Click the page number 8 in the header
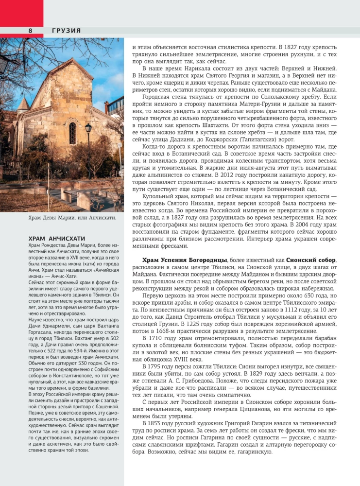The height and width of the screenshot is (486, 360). [30, 30]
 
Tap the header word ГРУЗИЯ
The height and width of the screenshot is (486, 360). [67, 30]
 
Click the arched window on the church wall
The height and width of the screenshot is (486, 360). [72, 133]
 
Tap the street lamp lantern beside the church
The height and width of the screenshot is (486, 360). [88, 128]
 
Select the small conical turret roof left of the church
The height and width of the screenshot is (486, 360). [22, 104]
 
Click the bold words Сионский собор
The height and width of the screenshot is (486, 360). [310, 260]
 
